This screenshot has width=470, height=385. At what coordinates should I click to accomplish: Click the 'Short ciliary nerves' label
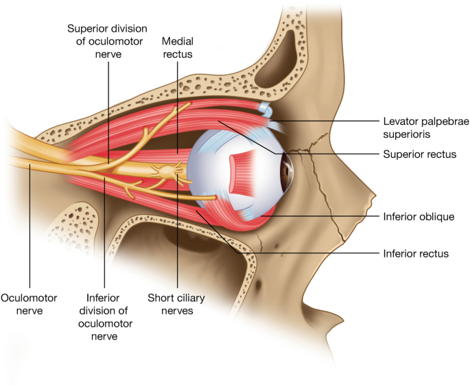tap(178, 305)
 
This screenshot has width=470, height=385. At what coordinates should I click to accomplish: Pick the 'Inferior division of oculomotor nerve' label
tap(104, 316)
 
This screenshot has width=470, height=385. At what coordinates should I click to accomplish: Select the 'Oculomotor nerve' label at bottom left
tap(29, 305)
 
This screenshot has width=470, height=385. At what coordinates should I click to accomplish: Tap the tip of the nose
tap(374, 199)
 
